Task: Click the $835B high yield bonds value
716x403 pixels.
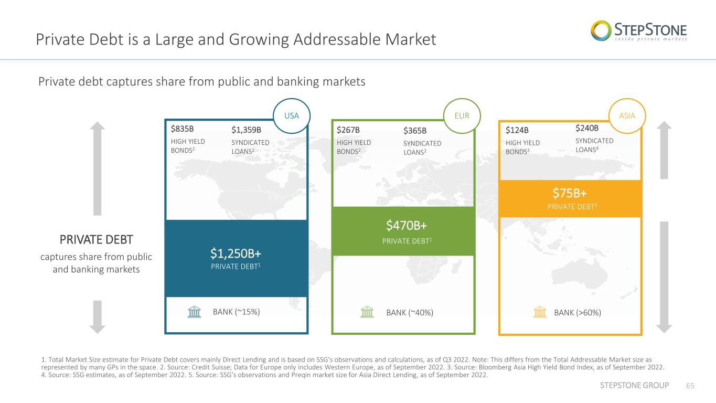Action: tap(182, 129)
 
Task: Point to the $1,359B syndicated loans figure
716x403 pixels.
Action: tap(247, 130)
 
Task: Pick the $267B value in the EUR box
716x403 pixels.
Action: tap(348, 130)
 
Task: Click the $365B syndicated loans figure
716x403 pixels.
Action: tap(415, 131)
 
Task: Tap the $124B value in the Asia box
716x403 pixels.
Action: tap(517, 130)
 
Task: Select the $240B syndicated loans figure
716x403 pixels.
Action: tap(587, 128)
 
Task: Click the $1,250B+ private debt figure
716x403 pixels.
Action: tap(236, 253)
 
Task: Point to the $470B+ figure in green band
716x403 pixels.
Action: tap(407, 226)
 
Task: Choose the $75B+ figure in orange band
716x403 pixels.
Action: tap(570, 193)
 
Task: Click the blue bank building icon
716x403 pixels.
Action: tap(194, 312)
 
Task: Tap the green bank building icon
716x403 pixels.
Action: tap(367, 312)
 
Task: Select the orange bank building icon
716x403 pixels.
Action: tap(540, 312)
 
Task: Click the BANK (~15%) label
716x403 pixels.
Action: tap(237, 312)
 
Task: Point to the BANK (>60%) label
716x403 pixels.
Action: tap(578, 313)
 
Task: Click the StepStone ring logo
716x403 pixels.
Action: tap(601, 31)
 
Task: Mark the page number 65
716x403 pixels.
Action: tap(690, 386)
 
